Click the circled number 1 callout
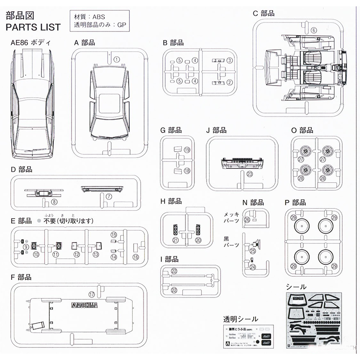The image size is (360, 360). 117,59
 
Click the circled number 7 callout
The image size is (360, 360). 108,197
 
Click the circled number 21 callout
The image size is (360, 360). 175,241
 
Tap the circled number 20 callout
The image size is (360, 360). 198,241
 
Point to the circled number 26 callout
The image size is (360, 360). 247,220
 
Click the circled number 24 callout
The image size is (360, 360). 252,267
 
